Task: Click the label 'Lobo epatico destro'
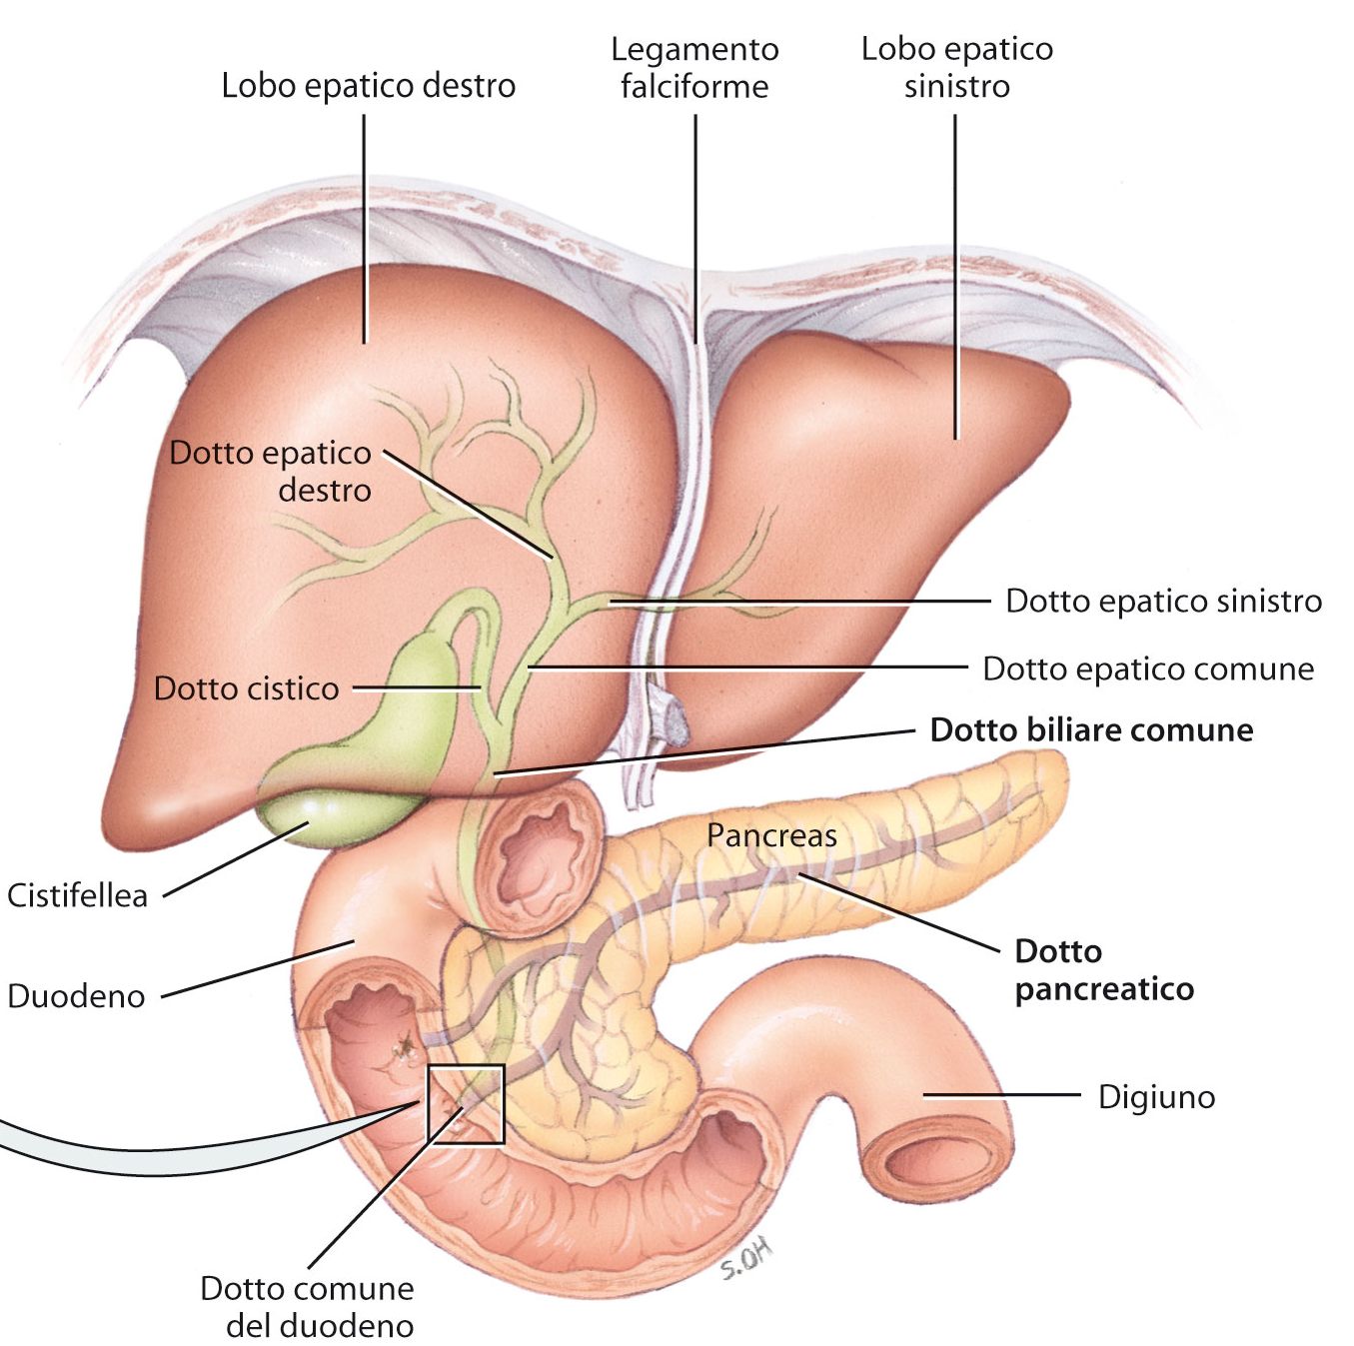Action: pyautogui.click(x=368, y=86)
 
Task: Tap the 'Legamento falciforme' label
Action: pyautogui.click(x=694, y=68)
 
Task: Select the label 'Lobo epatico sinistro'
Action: pyautogui.click(x=956, y=68)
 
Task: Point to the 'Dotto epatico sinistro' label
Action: pyautogui.click(x=1163, y=602)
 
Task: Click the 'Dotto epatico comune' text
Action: pyautogui.click(x=1148, y=669)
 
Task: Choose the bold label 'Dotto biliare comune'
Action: pyautogui.click(x=1091, y=730)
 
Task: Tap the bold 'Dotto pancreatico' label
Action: pyautogui.click(x=1103, y=969)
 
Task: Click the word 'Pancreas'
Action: pyautogui.click(x=771, y=835)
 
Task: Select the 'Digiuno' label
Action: pyautogui.click(x=1156, y=1097)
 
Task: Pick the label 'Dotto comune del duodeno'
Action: pyautogui.click(x=308, y=1306)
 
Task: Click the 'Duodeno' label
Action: pyautogui.click(x=76, y=996)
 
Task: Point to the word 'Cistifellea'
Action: pyautogui.click(x=77, y=895)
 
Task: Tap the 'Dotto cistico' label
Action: pyautogui.click(x=246, y=688)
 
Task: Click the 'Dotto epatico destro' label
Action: pyautogui.click(x=271, y=471)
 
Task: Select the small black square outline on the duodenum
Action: pyautogui.click(x=466, y=1103)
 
